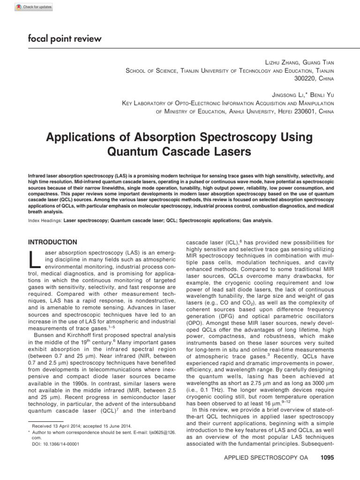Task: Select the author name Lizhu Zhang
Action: click(x=280, y=62)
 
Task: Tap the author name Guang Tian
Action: click(x=317, y=62)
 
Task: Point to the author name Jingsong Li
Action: click(x=281, y=95)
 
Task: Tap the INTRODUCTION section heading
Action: click(x=53, y=242)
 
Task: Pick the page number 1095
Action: click(x=326, y=458)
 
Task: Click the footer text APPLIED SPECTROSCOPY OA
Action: click(x=265, y=458)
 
